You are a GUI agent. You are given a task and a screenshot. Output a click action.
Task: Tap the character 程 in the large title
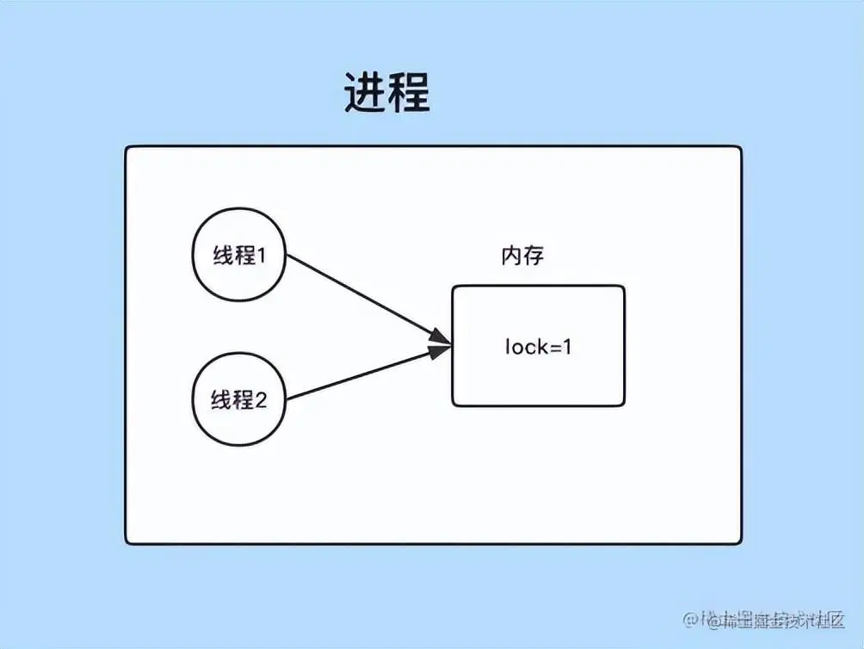coord(408,92)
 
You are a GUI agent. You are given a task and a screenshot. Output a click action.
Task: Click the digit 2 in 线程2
coord(262,400)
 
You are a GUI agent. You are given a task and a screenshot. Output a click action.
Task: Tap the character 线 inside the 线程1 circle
coord(222,256)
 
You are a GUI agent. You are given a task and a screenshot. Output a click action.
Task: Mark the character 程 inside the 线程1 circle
coord(244,256)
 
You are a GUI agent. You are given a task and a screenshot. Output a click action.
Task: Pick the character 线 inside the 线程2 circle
coord(222,400)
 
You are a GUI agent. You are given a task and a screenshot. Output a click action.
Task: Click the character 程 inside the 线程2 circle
coord(244,400)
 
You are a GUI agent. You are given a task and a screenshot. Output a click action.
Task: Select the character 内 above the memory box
coord(512,256)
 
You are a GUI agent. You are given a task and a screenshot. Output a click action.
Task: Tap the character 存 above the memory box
coord(534,256)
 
